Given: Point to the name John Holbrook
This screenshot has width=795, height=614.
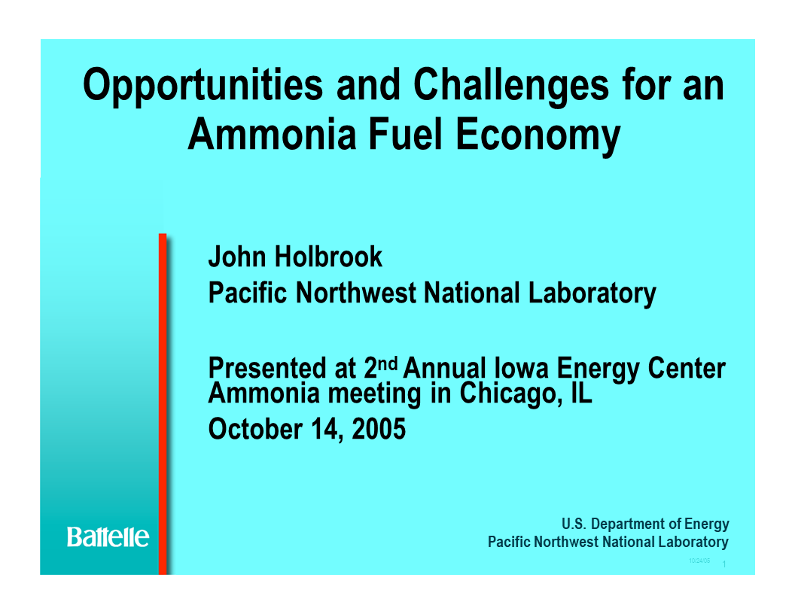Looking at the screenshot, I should coord(295,257).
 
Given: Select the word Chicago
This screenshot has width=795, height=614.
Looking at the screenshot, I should coord(508,392).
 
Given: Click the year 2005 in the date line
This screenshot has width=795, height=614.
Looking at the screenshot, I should coord(379,429).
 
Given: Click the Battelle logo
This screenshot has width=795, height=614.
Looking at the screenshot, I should coord(108,536).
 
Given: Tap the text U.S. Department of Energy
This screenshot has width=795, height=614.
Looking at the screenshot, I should coord(645,524).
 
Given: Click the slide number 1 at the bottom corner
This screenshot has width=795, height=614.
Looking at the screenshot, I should coord(723,565).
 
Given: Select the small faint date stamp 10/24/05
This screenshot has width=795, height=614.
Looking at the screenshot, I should coord(699,561).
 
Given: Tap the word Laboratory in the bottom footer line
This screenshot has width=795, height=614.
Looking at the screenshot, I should coord(693,542).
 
